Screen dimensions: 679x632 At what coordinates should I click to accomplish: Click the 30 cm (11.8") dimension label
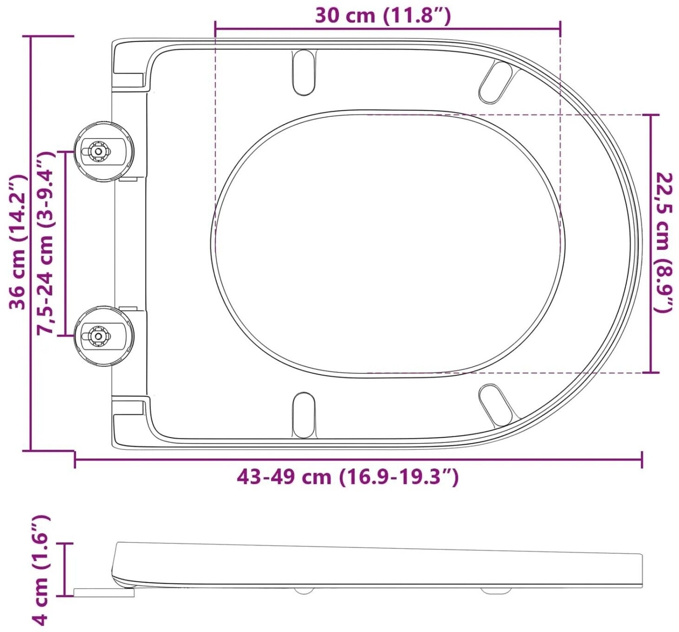click(x=383, y=16)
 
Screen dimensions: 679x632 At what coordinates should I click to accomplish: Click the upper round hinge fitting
click(x=104, y=151)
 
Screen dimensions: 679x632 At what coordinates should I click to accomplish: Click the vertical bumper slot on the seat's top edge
click(x=303, y=72)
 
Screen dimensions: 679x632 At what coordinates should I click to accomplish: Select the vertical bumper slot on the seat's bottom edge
click(x=303, y=415)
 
